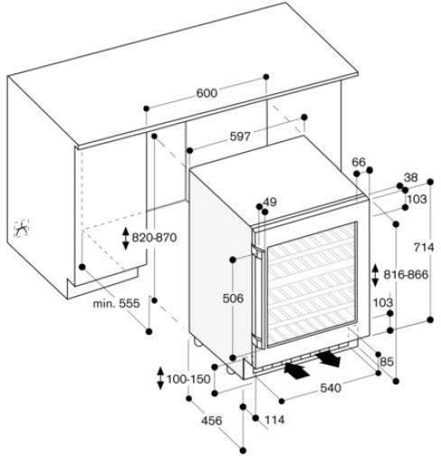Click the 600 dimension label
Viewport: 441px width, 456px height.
pyautogui.click(x=206, y=93)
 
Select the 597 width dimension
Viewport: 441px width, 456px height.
pyautogui.click(x=240, y=137)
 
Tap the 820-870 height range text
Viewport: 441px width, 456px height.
pyautogui.click(x=154, y=238)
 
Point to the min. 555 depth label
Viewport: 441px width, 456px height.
pyautogui.click(x=116, y=303)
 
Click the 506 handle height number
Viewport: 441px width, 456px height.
pyautogui.click(x=233, y=299)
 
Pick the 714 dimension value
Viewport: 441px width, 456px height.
pyautogui.click(x=424, y=247)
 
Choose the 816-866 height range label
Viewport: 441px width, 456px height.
pyautogui.click(x=406, y=274)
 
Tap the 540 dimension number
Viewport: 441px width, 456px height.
pyautogui.click(x=331, y=388)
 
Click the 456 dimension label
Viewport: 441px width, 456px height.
pyautogui.click(x=212, y=420)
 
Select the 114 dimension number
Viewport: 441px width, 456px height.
pyautogui.click(x=274, y=420)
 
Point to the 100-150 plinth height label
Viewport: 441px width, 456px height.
pyautogui.click(x=188, y=379)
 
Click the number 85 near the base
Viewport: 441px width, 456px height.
pyautogui.click(x=387, y=361)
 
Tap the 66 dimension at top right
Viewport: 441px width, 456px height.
pyautogui.click(x=359, y=162)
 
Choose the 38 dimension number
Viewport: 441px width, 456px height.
pyautogui.click(x=411, y=177)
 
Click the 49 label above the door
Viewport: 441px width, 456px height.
pyautogui.click(x=270, y=202)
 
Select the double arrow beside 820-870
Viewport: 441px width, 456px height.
pyautogui.click(x=126, y=239)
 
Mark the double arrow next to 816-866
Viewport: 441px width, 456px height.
pyautogui.click(x=375, y=275)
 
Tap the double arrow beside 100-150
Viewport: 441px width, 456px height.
pyautogui.click(x=160, y=378)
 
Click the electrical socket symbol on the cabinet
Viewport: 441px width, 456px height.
pyautogui.click(x=22, y=228)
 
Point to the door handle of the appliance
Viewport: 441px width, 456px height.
pyautogui.click(x=256, y=297)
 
